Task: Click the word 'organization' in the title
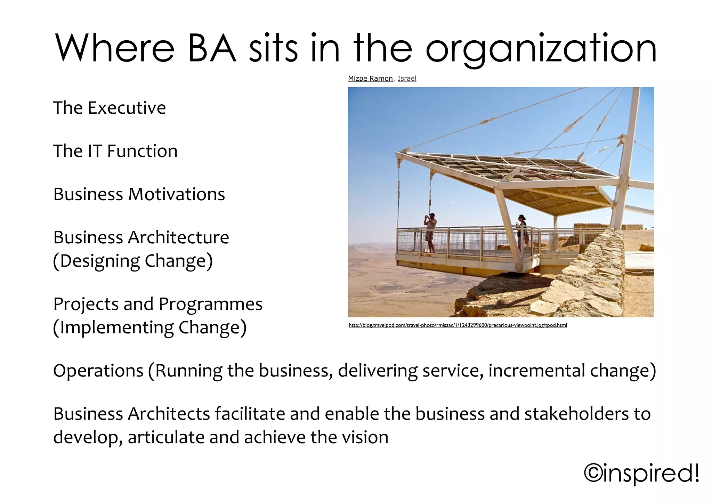tap(541, 50)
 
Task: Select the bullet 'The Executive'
tap(110, 108)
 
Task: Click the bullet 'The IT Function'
tap(115, 151)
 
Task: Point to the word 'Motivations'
tap(177, 194)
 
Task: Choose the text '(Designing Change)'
tap(133, 261)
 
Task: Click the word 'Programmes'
tap(210, 304)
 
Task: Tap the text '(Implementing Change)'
tap(150, 328)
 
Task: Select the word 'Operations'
tap(98, 371)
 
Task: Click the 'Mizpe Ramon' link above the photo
tap(370, 79)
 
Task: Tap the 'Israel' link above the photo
tap(407, 79)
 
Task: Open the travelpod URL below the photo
tap(458, 325)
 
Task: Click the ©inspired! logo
tap(642, 473)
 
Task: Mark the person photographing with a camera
tap(430, 232)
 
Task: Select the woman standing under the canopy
tap(522, 231)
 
